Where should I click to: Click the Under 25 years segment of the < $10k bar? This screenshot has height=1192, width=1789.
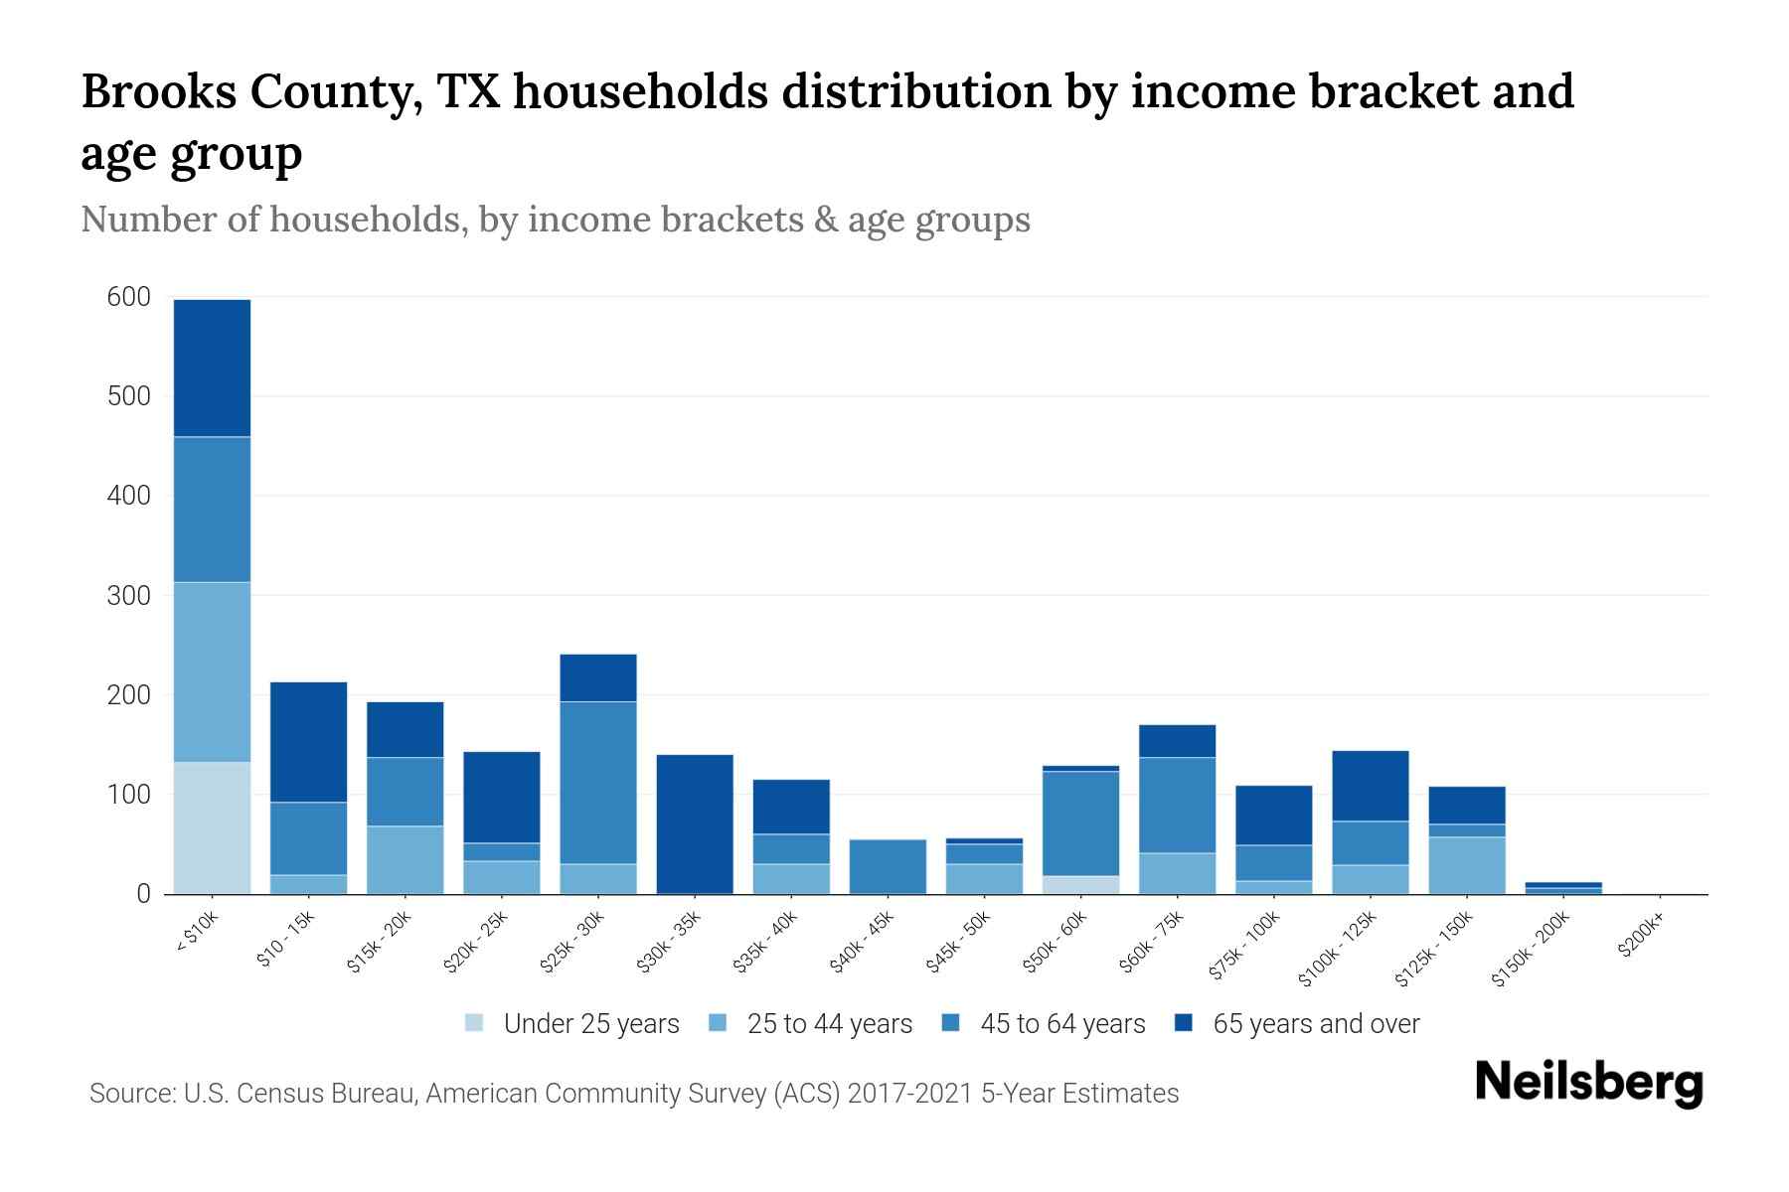click(x=212, y=827)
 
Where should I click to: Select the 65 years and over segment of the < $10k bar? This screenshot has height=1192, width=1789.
click(x=212, y=368)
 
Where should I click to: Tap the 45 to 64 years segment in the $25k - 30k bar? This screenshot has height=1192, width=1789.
click(x=598, y=783)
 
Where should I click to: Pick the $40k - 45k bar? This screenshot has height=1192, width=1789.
click(x=888, y=866)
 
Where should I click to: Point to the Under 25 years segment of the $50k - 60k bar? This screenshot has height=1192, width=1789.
click(x=1080, y=885)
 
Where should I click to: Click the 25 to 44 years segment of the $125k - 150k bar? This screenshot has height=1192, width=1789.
click(x=1467, y=865)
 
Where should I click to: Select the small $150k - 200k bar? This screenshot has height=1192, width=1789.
click(x=1563, y=888)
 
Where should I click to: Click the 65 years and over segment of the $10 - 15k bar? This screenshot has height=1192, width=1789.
click(x=308, y=742)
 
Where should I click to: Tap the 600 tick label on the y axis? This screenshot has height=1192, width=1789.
click(x=129, y=297)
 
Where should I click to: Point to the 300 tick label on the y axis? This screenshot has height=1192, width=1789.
click(x=129, y=596)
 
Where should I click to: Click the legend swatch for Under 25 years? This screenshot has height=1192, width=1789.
click(x=475, y=1023)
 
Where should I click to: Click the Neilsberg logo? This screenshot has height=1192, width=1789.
click(x=1588, y=1083)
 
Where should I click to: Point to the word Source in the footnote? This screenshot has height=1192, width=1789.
click(x=130, y=1094)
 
